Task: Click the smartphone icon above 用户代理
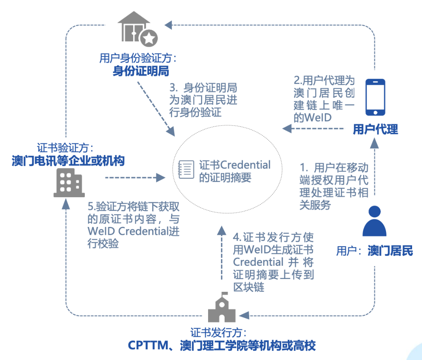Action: (x=375, y=97)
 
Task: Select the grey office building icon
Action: (x=69, y=183)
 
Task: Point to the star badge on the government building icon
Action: (x=149, y=38)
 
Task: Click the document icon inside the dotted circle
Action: (x=186, y=170)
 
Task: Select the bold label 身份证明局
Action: (x=141, y=71)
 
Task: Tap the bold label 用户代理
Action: (x=375, y=129)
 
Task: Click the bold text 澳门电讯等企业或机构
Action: (x=68, y=160)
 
